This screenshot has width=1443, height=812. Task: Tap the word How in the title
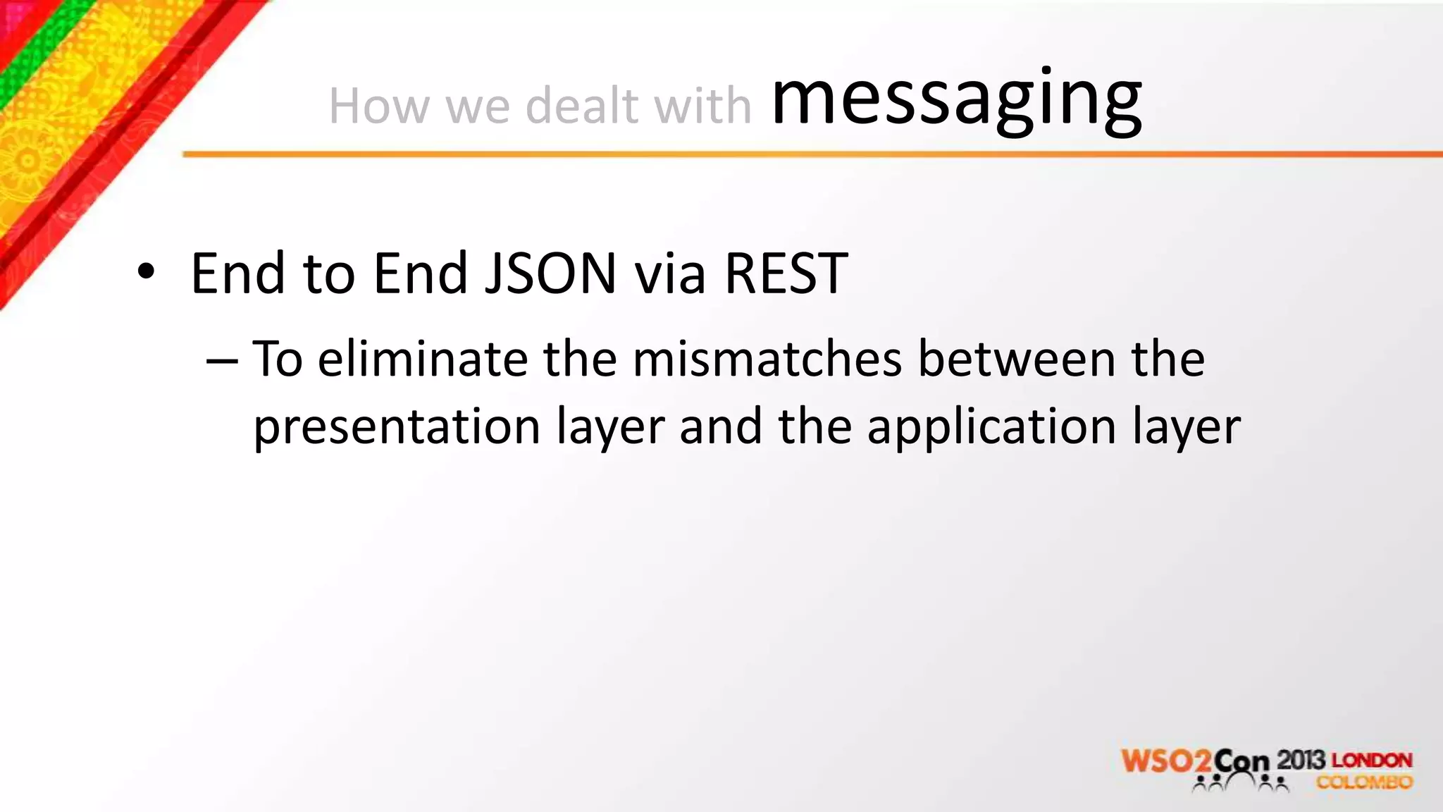point(378,106)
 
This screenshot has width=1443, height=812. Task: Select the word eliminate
point(423,359)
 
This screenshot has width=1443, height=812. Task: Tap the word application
point(991,427)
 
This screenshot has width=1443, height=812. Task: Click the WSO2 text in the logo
point(1166,762)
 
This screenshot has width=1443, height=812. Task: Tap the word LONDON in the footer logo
point(1372,761)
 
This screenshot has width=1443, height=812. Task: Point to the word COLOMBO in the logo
point(1364,782)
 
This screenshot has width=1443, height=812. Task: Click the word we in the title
point(477,106)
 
